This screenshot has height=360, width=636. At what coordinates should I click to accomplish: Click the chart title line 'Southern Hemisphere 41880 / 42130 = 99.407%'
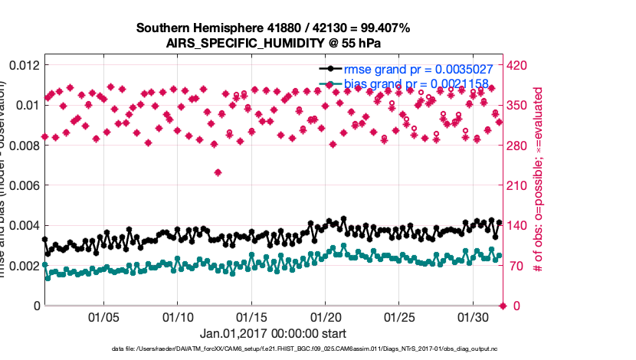point(273,28)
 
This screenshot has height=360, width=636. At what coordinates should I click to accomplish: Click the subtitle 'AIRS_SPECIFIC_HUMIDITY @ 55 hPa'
point(273,43)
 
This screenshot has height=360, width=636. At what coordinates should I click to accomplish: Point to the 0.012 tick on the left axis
point(24,65)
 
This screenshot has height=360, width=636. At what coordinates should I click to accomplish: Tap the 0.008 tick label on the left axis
point(24,146)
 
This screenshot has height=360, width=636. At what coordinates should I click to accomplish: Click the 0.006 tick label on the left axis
point(24,185)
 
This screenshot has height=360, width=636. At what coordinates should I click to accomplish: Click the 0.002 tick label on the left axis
point(24,266)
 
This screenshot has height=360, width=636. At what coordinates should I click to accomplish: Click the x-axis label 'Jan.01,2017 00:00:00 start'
point(273,334)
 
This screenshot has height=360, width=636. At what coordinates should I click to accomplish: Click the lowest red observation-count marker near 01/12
point(218,172)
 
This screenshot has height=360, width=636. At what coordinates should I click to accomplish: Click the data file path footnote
point(273,349)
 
